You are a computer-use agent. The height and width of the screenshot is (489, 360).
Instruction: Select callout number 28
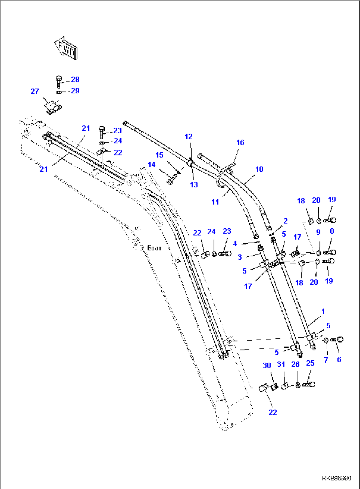tap(75, 80)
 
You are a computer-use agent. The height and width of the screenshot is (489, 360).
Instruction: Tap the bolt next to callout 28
tap(59, 81)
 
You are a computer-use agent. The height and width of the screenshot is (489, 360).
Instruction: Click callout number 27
tap(35, 91)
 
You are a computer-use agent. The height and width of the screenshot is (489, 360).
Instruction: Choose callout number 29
tap(75, 91)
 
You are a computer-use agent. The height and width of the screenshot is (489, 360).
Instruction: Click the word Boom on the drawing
tap(154, 248)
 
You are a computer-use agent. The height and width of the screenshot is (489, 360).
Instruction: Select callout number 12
tap(189, 137)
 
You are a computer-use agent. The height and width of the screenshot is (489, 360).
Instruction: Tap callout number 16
tap(240, 143)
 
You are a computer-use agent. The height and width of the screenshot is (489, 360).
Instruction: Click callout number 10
tap(259, 169)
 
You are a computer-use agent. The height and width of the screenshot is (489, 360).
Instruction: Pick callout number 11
tap(215, 202)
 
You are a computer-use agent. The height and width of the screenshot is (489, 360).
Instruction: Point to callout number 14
tap(152, 164)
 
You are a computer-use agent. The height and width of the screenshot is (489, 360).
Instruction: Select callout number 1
tap(323, 311)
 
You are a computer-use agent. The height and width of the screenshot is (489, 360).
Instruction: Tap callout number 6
tap(339, 360)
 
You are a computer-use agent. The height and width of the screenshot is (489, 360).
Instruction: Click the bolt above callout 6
tap(339, 340)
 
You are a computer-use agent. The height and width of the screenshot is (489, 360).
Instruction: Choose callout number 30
tap(267, 365)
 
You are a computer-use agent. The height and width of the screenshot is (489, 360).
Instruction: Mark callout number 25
tap(310, 363)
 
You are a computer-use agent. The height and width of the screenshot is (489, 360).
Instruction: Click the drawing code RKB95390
tap(337, 478)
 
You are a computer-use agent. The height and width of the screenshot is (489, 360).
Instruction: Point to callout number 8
tap(332, 231)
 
